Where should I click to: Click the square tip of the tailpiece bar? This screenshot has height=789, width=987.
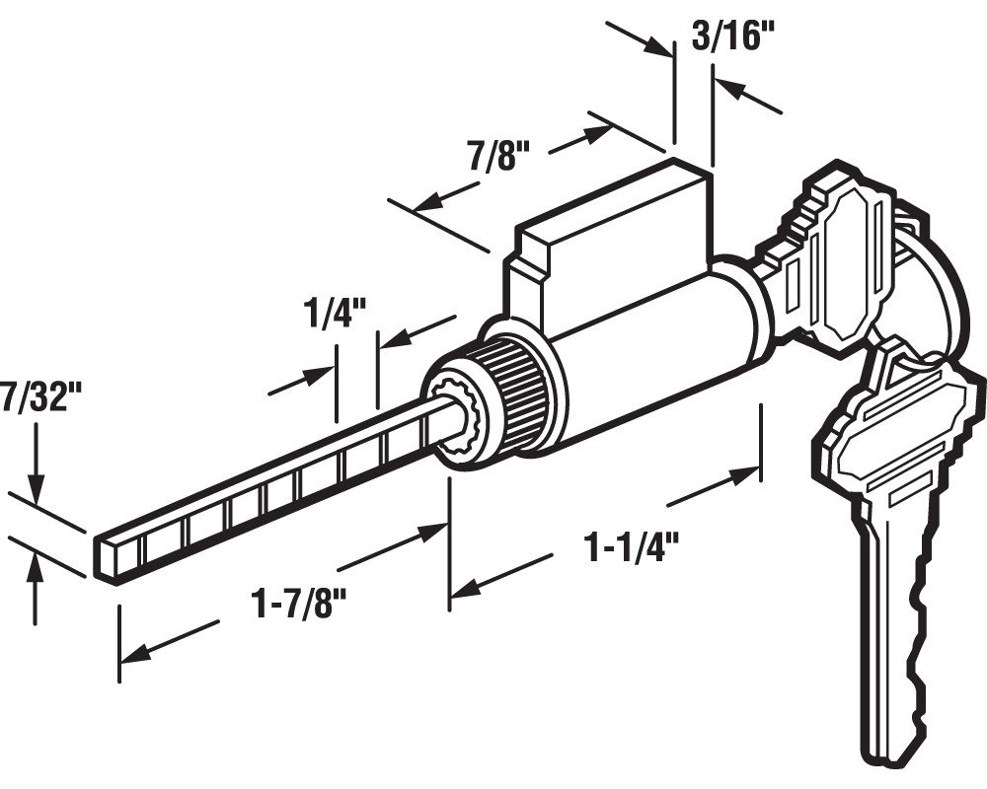click(x=107, y=554)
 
